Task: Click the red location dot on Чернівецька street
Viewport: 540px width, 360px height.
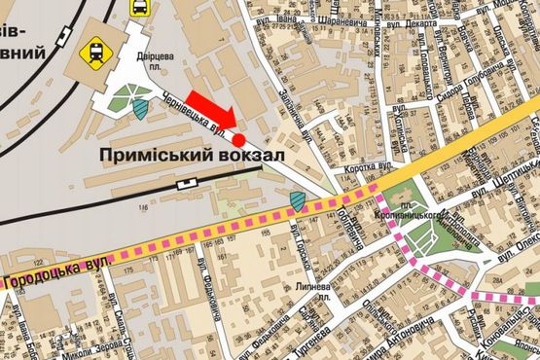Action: (x=238, y=140)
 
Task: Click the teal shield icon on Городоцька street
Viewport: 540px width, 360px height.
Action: (x=298, y=202)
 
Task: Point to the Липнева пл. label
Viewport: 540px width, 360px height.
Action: (x=314, y=291)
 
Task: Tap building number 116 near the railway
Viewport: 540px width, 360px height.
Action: (x=145, y=208)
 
